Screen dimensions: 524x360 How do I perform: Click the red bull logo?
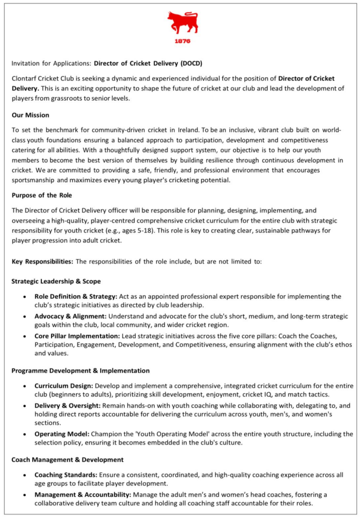tap(182, 23)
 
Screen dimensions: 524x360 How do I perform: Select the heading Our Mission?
tap(30, 115)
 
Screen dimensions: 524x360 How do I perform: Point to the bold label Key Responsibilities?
tap(43, 261)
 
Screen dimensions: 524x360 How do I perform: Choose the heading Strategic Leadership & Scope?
tap(56, 281)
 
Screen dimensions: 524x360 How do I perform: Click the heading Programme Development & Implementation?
tap(80, 370)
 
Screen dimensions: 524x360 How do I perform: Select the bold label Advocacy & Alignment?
tap(71, 316)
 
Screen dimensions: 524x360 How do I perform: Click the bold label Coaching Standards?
tap(67, 475)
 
